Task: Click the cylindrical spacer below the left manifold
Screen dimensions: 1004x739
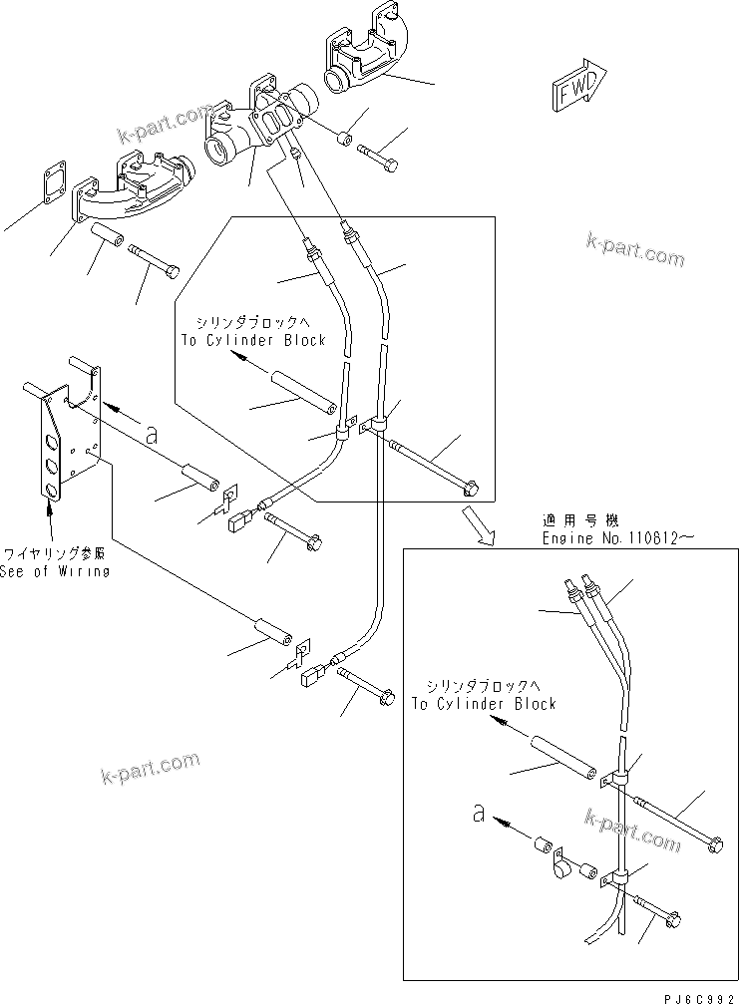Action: point(108,239)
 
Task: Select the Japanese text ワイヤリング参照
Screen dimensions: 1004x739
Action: point(56,552)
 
